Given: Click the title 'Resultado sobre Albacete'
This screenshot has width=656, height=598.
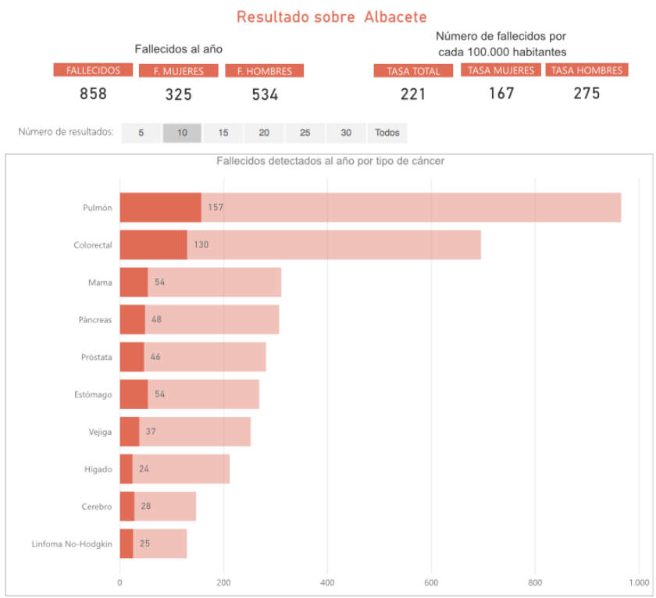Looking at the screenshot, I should point(331,17).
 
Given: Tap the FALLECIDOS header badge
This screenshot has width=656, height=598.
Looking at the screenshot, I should point(93,70).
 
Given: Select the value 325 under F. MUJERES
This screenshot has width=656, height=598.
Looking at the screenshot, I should point(179,95).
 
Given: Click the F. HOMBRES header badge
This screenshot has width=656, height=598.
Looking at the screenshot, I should point(264,71).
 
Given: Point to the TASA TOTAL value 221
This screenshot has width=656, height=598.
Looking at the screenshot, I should point(413,94).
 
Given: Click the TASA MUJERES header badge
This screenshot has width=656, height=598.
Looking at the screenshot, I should point(501,70).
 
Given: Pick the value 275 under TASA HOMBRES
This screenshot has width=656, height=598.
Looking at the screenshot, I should point(586,94).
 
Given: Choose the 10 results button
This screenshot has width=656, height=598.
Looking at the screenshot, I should point(182,133).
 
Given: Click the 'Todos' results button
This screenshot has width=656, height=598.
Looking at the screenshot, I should point(387,133).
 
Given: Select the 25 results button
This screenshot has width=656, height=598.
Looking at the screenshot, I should point(305,133).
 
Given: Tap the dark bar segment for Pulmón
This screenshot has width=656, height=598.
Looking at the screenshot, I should point(160,208).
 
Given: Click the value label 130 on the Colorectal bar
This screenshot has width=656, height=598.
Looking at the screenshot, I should point(201,245).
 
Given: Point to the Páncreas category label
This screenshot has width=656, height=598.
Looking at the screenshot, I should point(95,320).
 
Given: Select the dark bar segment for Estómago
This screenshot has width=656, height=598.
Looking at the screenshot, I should point(134,394).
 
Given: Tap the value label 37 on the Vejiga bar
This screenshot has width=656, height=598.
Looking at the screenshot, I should point(151,432).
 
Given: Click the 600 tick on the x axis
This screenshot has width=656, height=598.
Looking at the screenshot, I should point(431,582).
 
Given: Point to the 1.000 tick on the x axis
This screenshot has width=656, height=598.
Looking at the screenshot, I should point(638,582).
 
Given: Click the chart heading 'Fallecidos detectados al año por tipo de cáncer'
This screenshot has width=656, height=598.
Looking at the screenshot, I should point(330,161).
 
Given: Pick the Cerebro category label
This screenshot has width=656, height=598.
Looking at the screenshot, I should point(97,507).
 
